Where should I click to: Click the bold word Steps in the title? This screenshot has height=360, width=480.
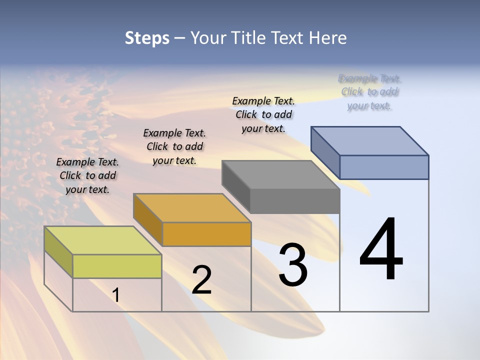(x=147, y=38)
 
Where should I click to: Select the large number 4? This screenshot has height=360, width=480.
(x=381, y=250)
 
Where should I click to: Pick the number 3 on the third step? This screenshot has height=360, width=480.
(x=293, y=265)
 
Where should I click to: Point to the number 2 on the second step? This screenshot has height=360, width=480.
(x=201, y=280)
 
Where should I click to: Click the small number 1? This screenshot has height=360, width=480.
(x=116, y=295)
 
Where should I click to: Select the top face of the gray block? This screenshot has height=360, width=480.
(x=280, y=174)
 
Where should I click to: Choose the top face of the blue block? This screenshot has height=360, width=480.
(x=369, y=140)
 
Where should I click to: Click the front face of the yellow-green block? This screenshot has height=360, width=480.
(x=117, y=266)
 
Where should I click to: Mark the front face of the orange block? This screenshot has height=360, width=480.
(x=206, y=234)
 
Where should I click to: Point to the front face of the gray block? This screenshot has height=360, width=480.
(x=295, y=201)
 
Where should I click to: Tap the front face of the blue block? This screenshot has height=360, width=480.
(x=384, y=167)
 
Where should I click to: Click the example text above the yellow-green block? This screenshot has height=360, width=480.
(x=88, y=175)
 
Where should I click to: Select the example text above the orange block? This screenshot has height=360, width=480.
(x=174, y=146)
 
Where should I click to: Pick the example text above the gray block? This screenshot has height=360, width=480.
(x=263, y=114)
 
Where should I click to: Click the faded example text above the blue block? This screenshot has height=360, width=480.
(x=369, y=91)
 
